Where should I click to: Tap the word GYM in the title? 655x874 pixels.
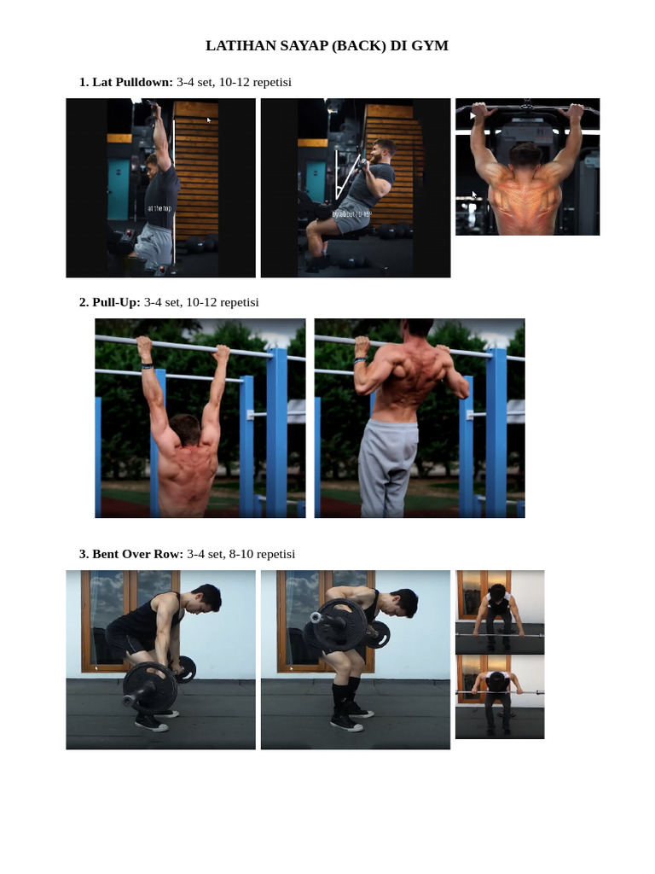click(429, 46)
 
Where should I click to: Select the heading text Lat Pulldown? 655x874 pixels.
click(132, 82)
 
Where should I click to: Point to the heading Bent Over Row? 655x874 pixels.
click(137, 554)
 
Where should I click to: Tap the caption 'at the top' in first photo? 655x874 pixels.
click(159, 208)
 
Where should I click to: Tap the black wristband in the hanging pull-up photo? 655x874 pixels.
click(148, 366)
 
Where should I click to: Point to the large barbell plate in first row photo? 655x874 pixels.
click(150, 686)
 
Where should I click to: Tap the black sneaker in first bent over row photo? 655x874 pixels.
click(151, 723)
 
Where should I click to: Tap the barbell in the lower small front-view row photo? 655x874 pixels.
click(500, 692)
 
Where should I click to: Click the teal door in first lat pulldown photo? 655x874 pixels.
click(119, 188)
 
